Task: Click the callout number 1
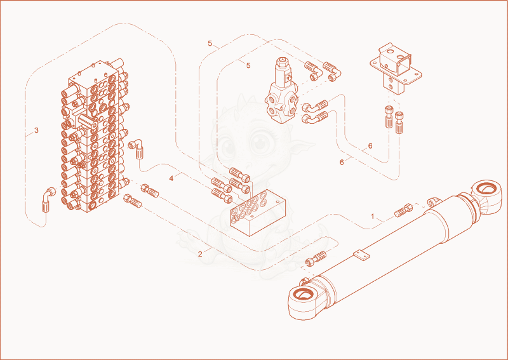[x=373, y=216]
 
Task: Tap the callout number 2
[x=200, y=254]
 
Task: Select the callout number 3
[x=36, y=130]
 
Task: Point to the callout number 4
[x=171, y=178]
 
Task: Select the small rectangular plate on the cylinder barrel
[x=361, y=255]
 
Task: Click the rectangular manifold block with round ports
[x=258, y=212]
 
